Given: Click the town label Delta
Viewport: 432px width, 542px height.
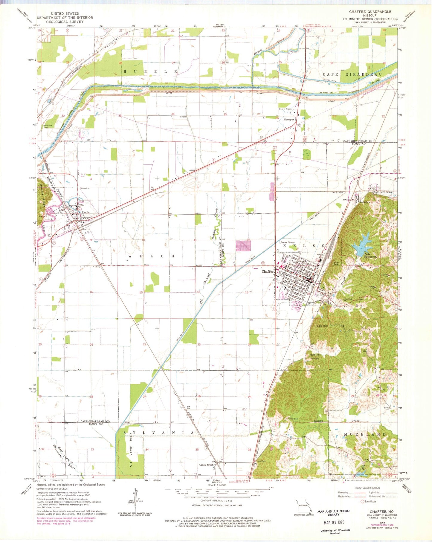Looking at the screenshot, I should [86, 212].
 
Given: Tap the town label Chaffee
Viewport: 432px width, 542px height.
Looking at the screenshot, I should [268, 271].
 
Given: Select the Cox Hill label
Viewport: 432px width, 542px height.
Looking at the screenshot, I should [322, 326].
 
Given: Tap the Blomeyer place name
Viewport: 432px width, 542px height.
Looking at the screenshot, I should [289, 119].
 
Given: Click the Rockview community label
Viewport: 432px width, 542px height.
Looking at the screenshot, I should [365, 202].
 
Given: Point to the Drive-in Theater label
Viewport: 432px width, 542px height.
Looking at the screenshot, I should [285, 109].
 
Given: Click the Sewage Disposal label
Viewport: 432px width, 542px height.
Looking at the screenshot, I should [288, 242].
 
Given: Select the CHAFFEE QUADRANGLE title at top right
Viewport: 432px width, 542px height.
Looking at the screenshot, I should [370, 12].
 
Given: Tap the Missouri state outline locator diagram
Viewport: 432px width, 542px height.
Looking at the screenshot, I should [303, 505].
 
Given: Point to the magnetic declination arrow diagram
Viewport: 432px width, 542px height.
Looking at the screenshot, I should [135, 501].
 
